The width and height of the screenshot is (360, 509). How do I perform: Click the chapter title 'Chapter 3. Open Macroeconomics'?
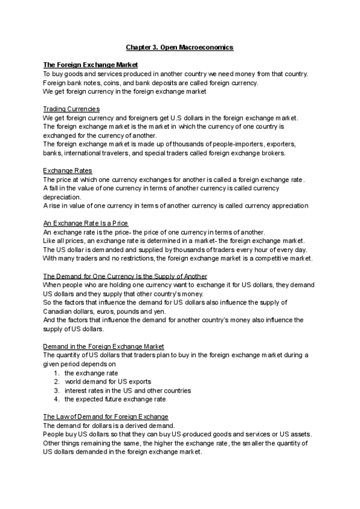tap(179, 46)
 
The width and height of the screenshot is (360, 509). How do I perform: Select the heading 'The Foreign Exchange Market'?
tap(91, 64)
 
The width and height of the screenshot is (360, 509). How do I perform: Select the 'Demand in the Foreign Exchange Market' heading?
tap(104, 347)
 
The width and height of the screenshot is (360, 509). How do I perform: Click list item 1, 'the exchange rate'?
tap(91, 373)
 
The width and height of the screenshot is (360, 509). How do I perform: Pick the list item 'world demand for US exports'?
tap(108, 382)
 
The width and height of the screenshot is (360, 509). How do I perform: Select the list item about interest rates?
tap(128, 391)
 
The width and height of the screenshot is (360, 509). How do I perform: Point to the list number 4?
tap(56, 400)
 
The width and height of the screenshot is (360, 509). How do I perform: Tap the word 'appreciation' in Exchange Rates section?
tap(289, 206)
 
